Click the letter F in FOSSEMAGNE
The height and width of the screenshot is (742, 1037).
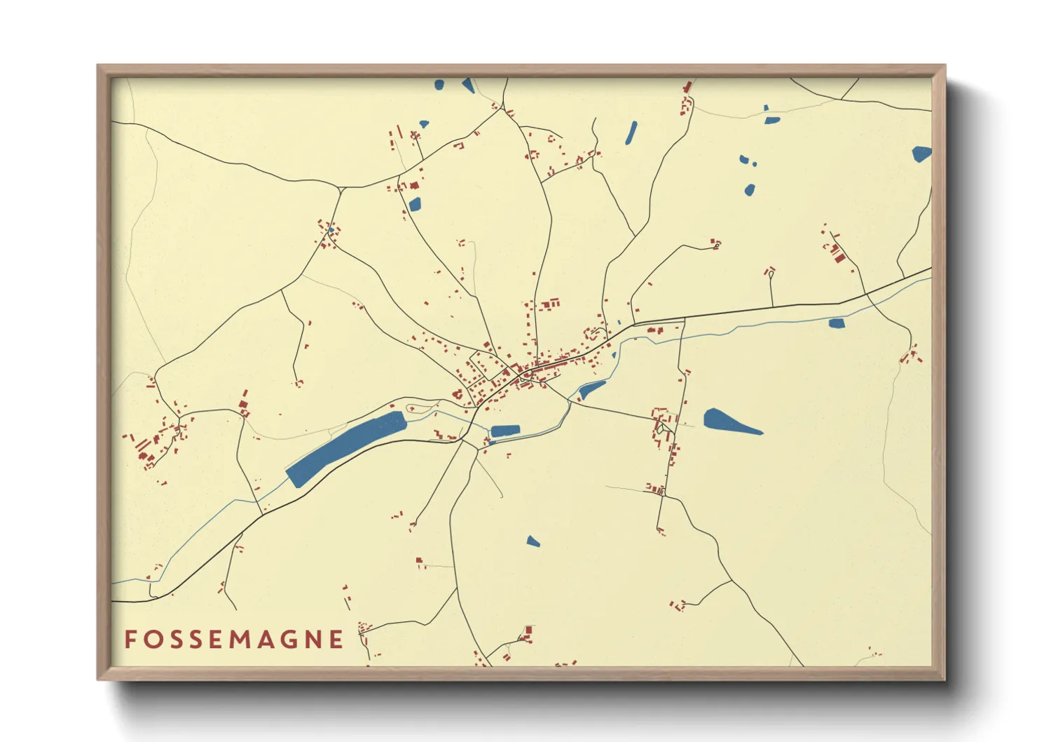[x=130, y=639]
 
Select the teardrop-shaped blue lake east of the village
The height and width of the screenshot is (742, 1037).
[x=729, y=422]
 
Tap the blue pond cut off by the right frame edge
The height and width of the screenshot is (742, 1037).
[x=921, y=154]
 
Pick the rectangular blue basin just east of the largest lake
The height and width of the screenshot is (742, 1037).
[x=505, y=431]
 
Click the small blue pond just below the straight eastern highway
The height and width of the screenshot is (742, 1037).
[x=837, y=323]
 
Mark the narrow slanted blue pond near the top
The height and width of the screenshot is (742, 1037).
[x=631, y=133]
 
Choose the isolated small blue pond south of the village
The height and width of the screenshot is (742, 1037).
[x=533, y=541]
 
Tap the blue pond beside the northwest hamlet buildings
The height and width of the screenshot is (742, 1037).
[x=415, y=204]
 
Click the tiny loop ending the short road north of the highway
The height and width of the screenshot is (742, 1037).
[x=771, y=276]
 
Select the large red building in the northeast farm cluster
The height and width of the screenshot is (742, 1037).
[x=838, y=255]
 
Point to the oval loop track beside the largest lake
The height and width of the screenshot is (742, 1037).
[x=420, y=407]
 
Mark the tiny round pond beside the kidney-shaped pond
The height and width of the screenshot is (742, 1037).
[x=755, y=164]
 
